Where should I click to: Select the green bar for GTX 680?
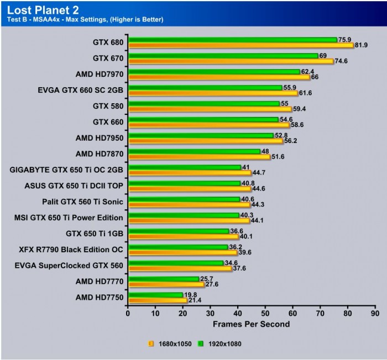click(232, 40)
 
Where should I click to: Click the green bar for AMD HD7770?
click(163, 279)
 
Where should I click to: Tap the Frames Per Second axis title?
click(251, 324)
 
